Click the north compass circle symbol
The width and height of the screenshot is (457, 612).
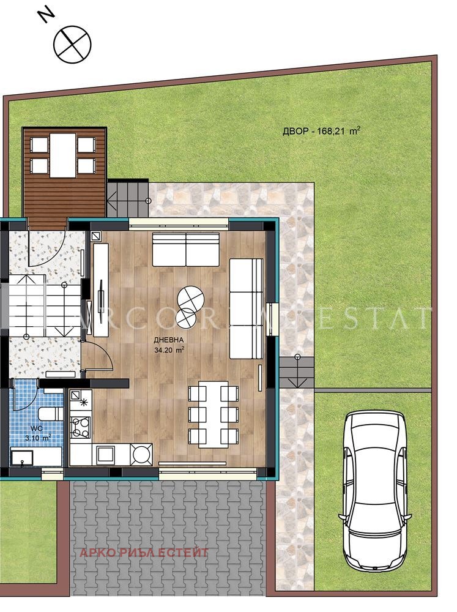pyautogui.click(x=72, y=43)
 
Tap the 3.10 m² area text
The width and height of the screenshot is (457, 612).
pyautogui.click(x=37, y=438)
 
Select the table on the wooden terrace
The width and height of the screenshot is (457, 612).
pyautogui.click(x=63, y=155)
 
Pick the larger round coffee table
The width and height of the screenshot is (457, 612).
pyautogui.click(x=191, y=299)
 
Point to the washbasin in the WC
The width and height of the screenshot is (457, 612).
pyautogui.click(x=24, y=457)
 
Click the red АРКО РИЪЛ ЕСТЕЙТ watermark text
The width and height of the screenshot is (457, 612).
pyautogui.click(x=144, y=553)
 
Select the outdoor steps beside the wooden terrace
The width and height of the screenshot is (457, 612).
pyautogui.click(x=128, y=198)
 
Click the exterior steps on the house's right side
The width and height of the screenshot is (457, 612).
pyautogui.click(x=296, y=371)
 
